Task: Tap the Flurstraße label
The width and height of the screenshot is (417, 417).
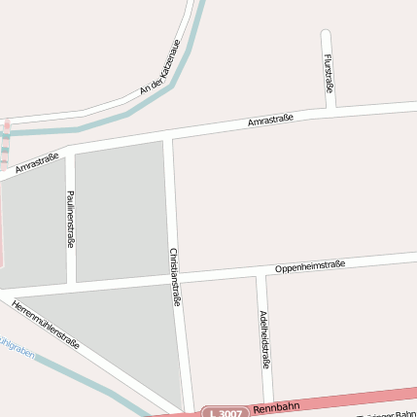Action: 328,75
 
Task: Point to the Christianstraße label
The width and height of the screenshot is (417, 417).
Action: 176,275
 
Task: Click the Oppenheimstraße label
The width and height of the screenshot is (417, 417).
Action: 310,265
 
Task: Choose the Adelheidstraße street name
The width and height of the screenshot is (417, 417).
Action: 264,339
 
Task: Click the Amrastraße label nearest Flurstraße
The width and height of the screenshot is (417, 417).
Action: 270,120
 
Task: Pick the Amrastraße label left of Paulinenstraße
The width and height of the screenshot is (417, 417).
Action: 37,161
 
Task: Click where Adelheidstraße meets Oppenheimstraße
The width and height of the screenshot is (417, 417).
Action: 261,273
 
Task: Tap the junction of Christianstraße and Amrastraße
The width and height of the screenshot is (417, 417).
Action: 166,136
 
